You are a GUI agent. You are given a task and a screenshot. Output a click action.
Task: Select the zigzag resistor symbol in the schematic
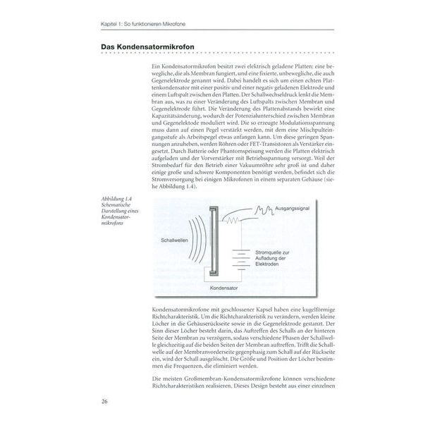233,221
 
